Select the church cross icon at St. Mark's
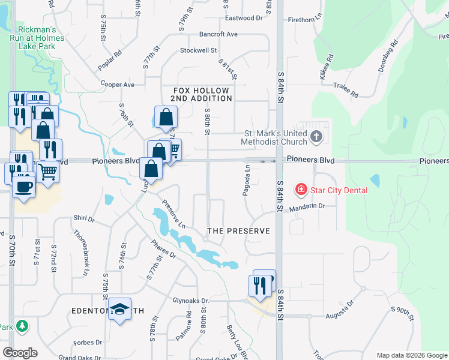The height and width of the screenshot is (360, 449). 317,137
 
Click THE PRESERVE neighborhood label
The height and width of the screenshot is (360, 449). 238,231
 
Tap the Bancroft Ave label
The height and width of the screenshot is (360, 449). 219,34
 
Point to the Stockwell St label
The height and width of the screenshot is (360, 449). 197,50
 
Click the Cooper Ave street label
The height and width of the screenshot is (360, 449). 118,85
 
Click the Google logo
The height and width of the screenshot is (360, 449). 20,352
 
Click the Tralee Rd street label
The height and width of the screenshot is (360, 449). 346,91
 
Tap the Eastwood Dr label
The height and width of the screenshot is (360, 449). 244,18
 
